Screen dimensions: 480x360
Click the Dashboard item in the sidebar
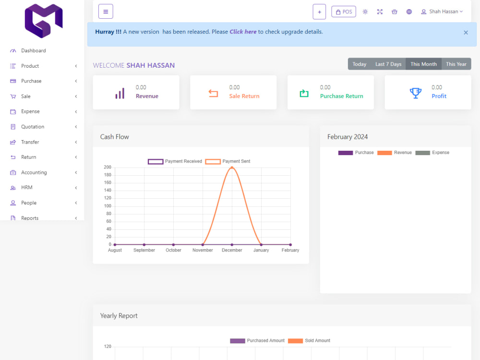tap(34, 50)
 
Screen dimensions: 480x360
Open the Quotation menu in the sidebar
tap(33, 127)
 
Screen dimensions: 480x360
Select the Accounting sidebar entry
tap(34, 172)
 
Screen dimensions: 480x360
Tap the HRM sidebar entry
tap(26, 187)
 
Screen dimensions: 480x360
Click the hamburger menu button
tap(106, 12)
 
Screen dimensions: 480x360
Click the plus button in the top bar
tap(319, 12)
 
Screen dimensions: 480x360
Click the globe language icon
tap(409, 12)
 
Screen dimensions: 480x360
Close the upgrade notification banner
tap(466, 33)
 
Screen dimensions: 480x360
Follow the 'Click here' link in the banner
tap(243, 32)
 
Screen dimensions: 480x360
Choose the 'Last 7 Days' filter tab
tap(388, 64)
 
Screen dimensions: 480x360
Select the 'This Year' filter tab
tap(456, 64)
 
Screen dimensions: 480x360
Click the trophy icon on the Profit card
tap(415, 93)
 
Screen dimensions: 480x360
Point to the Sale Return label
tap(244, 96)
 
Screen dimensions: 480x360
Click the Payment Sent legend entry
tap(228, 161)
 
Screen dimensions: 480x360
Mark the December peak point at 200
tap(232, 168)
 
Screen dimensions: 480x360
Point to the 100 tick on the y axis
tap(108, 206)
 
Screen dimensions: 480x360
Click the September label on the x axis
tap(144, 250)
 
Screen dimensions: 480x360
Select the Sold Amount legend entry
tap(309, 341)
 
